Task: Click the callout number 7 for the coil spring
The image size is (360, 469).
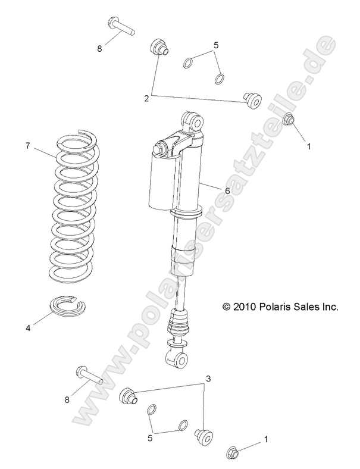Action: pyautogui.click(x=27, y=145)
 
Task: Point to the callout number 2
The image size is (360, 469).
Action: pyautogui.click(x=146, y=98)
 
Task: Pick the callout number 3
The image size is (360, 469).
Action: pyautogui.click(x=208, y=379)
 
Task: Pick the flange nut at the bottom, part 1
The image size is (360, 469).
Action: pyautogui.click(x=233, y=453)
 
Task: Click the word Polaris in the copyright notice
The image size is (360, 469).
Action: pyautogui.click(x=271, y=307)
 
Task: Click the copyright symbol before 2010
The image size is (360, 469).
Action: pyautogui.click(x=226, y=307)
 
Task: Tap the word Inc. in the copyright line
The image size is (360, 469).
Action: pyautogui.click(x=329, y=307)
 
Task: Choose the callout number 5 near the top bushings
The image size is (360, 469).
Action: pyautogui.click(x=217, y=45)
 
